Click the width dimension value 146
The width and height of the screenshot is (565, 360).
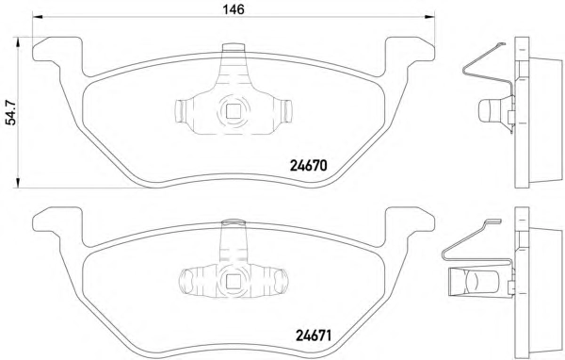(234, 8)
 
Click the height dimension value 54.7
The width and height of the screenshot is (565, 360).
(11, 112)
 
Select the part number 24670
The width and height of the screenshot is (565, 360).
(309, 166)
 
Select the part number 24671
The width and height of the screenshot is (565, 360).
(314, 336)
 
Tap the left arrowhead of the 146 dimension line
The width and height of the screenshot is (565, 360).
(38, 17)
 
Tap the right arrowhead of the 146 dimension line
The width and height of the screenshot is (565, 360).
(430, 17)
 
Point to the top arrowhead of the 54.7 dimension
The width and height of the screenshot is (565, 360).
(17, 41)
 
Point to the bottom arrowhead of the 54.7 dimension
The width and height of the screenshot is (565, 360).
(17, 183)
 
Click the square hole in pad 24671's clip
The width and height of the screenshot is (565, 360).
(233, 281)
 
